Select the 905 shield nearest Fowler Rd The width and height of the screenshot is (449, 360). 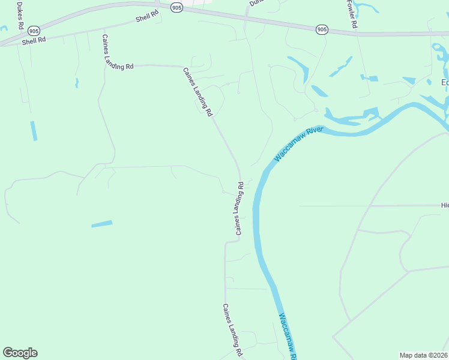322,29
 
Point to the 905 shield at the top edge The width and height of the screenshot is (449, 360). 176,7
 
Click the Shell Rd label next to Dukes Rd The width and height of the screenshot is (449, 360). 34,41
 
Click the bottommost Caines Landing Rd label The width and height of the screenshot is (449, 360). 232,331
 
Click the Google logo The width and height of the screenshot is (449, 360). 20,353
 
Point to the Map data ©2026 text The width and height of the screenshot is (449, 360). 424,355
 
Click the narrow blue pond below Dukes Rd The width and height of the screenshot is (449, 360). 34,131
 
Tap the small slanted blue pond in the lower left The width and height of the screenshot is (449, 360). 101,224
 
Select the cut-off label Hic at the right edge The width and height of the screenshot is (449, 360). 445,205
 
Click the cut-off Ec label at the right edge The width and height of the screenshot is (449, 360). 445,83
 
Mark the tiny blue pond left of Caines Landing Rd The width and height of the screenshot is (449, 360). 76,82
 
